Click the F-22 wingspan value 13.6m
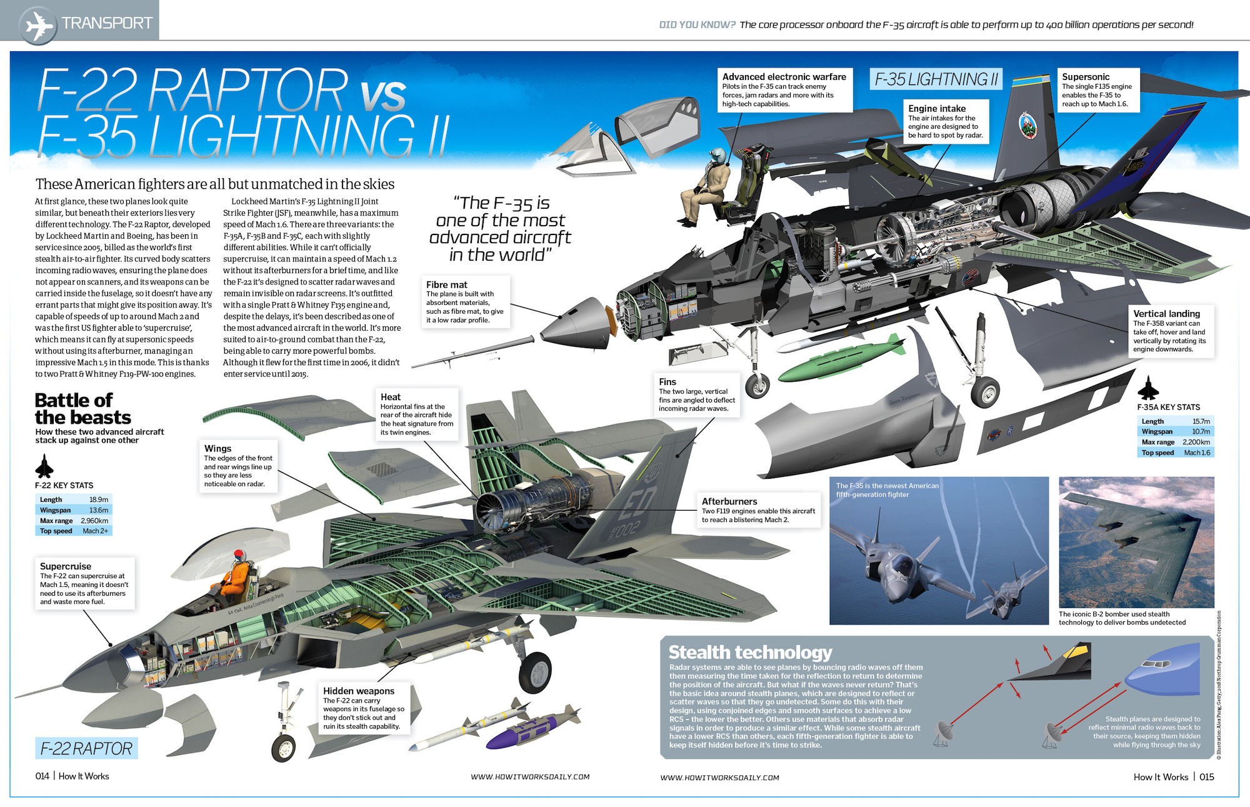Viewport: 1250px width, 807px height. (98, 510)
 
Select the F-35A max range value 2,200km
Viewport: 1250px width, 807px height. (1196, 442)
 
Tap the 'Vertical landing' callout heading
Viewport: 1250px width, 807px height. (1166, 313)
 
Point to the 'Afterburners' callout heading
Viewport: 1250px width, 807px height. (729, 501)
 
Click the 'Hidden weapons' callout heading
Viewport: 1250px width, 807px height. (358, 691)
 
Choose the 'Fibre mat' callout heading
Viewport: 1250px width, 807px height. (446, 284)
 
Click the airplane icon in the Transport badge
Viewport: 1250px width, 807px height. (39, 25)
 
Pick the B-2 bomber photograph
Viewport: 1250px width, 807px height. (1136, 542)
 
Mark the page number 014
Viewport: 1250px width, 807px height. (42, 776)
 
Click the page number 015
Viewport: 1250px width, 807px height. (1206, 777)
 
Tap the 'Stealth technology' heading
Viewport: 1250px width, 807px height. (750, 653)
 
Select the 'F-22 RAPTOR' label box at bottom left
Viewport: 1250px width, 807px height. (86, 748)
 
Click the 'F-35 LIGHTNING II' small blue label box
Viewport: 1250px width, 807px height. (936, 79)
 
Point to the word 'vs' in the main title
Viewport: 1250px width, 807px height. (382, 96)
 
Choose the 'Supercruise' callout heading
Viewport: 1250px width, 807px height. (66, 566)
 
